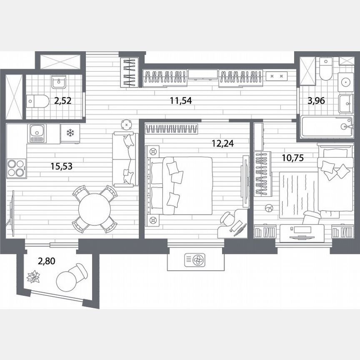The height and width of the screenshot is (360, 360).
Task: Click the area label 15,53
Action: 62,166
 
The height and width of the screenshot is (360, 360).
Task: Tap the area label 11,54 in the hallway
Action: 181,100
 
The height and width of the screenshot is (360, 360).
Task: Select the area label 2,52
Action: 63,100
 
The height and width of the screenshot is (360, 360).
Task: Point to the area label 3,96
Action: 316,100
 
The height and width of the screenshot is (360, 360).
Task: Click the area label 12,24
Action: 222,143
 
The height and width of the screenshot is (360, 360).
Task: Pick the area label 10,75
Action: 293,158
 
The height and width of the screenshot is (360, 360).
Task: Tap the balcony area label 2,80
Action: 46,261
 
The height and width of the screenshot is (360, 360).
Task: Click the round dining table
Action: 95,209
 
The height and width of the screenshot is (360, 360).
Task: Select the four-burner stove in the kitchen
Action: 17,168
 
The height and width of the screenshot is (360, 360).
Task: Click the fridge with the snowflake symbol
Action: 70,133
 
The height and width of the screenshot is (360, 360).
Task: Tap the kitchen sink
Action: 37,133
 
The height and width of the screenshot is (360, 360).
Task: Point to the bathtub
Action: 327,127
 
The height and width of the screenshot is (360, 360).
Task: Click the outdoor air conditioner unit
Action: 195,260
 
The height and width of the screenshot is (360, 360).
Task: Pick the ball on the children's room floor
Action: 269,208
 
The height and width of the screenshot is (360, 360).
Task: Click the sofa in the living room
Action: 125,159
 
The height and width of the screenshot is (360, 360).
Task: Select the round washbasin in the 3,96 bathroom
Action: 345,82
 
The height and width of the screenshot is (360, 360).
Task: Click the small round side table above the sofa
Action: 127,125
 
